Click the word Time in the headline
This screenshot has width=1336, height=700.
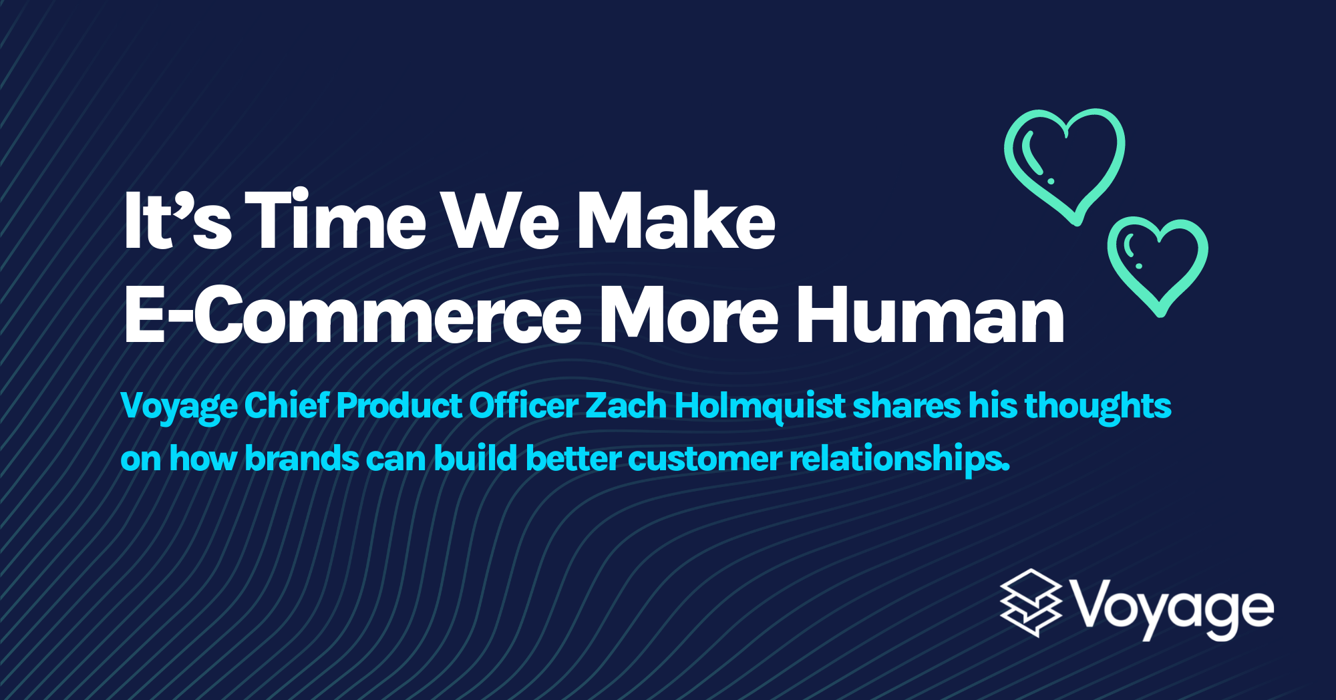[x=339, y=221]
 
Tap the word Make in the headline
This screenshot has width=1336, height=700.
[x=675, y=221]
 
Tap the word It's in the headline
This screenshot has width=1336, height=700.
[x=178, y=221]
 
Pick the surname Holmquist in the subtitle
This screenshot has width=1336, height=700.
[x=760, y=406]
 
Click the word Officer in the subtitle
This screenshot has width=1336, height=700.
[x=523, y=406]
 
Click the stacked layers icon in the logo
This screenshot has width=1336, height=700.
[x=1031, y=603]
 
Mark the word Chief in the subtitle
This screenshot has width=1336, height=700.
[x=287, y=406]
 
